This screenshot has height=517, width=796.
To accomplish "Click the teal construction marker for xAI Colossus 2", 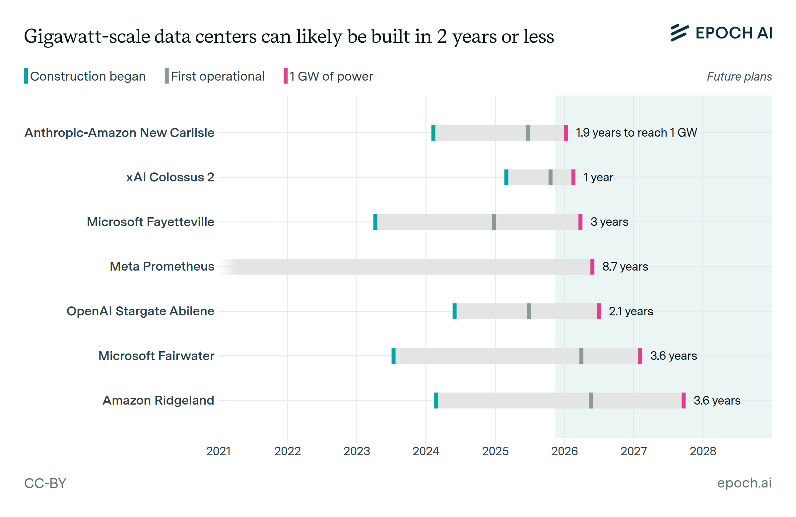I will (x=506, y=177).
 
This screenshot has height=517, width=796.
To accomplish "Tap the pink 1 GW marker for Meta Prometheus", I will (x=592, y=267).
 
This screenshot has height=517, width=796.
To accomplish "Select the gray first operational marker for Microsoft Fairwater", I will (x=581, y=356).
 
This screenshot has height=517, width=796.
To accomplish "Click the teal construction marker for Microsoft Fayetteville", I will (x=375, y=222).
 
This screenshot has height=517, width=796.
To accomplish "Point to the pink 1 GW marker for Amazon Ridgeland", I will (x=683, y=400).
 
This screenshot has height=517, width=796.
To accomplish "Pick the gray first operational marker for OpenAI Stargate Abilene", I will (x=529, y=311).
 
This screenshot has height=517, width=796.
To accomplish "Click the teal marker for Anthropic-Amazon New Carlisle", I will (x=433, y=133).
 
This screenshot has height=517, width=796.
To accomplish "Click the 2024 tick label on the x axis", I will (x=426, y=451).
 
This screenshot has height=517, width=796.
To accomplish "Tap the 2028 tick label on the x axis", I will (x=703, y=451).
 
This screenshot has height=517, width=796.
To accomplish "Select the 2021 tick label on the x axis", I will (x=218, y=451).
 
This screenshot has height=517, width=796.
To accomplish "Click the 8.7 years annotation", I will (x=625, y=267).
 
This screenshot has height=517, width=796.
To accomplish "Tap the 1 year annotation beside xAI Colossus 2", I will (x=598, y=177).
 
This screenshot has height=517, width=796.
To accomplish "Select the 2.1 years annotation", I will (x=631, y=311).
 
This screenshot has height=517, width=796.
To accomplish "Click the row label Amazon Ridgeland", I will (x=158, y=400).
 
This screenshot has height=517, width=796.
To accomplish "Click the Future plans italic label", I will (x=739, y=77).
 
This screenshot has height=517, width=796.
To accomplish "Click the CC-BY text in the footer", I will (x=45, y=483).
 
